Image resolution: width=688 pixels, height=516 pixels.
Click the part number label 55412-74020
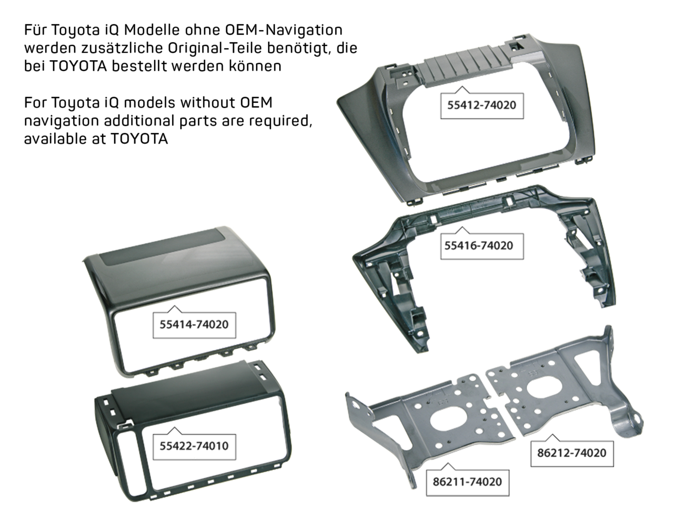pyautogui.click(x=482, y=105)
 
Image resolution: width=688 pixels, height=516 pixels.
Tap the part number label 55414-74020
pyautogui.click(x=194, y=324)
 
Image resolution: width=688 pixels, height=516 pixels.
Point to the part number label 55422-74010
pyautogui.click(x=194, y=446)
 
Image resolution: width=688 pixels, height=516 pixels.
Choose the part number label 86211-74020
pyautogui.click(x=467, y=482)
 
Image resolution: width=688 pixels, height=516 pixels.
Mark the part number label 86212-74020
pyautogui.click(x=571, y=453)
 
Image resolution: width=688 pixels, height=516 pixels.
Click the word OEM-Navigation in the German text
pyautogui.click(x=284, y=30)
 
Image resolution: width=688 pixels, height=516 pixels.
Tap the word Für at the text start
pyautogui.click(x=36, y=30)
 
